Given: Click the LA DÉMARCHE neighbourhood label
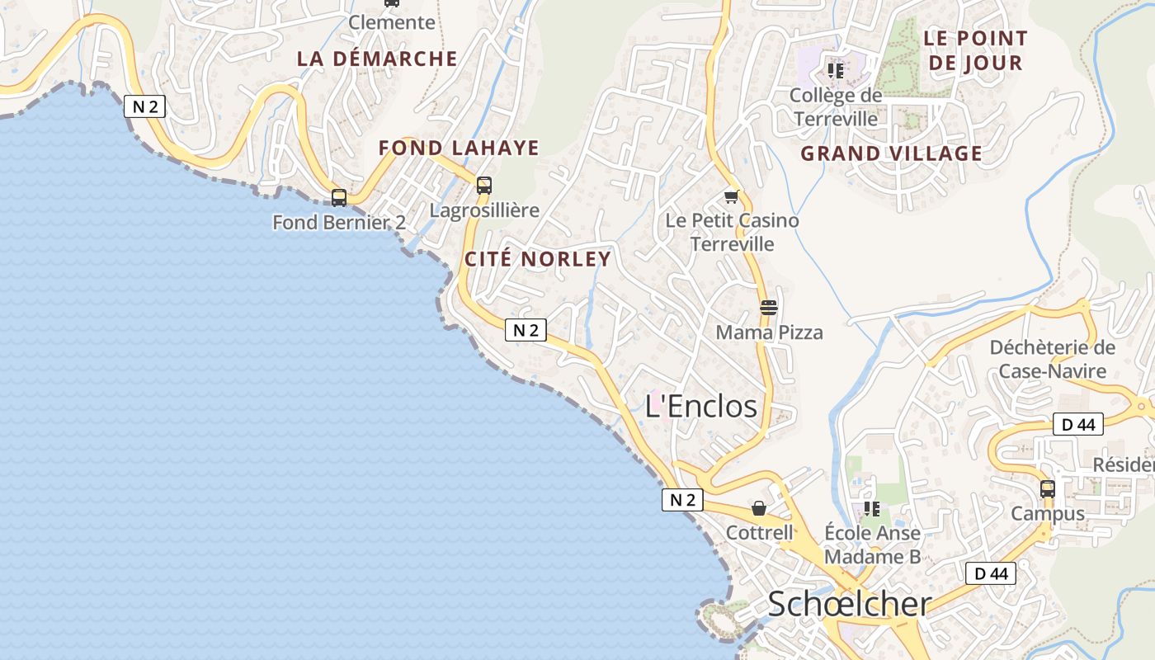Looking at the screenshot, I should point(377,59).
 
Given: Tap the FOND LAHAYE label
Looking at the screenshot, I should point(459,148).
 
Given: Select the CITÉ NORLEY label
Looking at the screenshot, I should point(538,259).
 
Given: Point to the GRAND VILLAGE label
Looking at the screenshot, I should point(892,153).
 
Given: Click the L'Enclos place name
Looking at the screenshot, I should point(701,406).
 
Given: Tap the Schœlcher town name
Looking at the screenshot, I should point(850,604).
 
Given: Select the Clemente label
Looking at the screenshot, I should point(392,22).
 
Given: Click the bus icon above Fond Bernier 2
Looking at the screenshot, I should point(339,198).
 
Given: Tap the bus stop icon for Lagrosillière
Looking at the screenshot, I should point(484,186).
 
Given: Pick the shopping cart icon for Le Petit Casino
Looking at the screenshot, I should point(732,196).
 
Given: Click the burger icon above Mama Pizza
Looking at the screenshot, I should point(769,309).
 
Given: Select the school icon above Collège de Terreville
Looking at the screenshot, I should point(836,71).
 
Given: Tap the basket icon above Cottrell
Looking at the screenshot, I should point(759,509).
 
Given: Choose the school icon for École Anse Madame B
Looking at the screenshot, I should point(872,509).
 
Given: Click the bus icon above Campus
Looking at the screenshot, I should point(1048,489).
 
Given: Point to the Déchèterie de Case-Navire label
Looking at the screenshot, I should point(1053,359).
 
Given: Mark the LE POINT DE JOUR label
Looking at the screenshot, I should point(975,50).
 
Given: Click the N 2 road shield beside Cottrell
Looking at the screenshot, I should point(682,500).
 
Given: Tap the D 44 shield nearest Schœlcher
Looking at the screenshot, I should point(991,573).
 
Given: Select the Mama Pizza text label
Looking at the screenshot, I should point(769,332).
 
